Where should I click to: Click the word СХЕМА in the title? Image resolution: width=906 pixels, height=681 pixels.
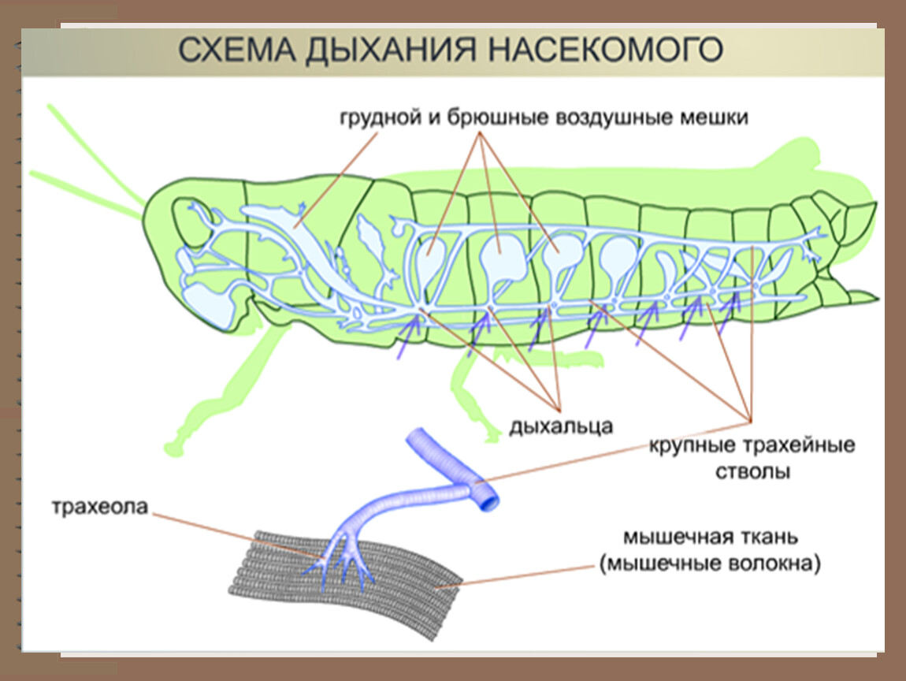point(236,50)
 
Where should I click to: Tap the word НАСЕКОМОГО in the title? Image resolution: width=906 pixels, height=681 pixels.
point(605,50)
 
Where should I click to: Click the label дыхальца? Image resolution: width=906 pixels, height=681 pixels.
point(560,426)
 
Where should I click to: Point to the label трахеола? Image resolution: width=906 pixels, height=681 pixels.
point(100,507)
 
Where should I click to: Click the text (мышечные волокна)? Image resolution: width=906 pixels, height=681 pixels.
point(710,564)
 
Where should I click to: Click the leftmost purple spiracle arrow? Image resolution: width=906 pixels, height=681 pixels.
point(409,337)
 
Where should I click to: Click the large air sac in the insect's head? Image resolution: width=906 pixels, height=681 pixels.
point(209,304)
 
